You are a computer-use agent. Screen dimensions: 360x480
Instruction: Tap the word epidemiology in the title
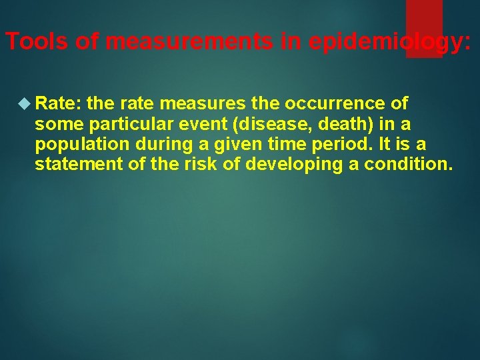pos(388,42)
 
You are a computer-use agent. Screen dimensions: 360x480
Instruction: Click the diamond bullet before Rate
pos(24,104)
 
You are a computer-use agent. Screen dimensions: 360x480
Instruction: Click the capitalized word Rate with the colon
pos(58,104)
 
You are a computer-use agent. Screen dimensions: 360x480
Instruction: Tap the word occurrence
pos(337,104)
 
